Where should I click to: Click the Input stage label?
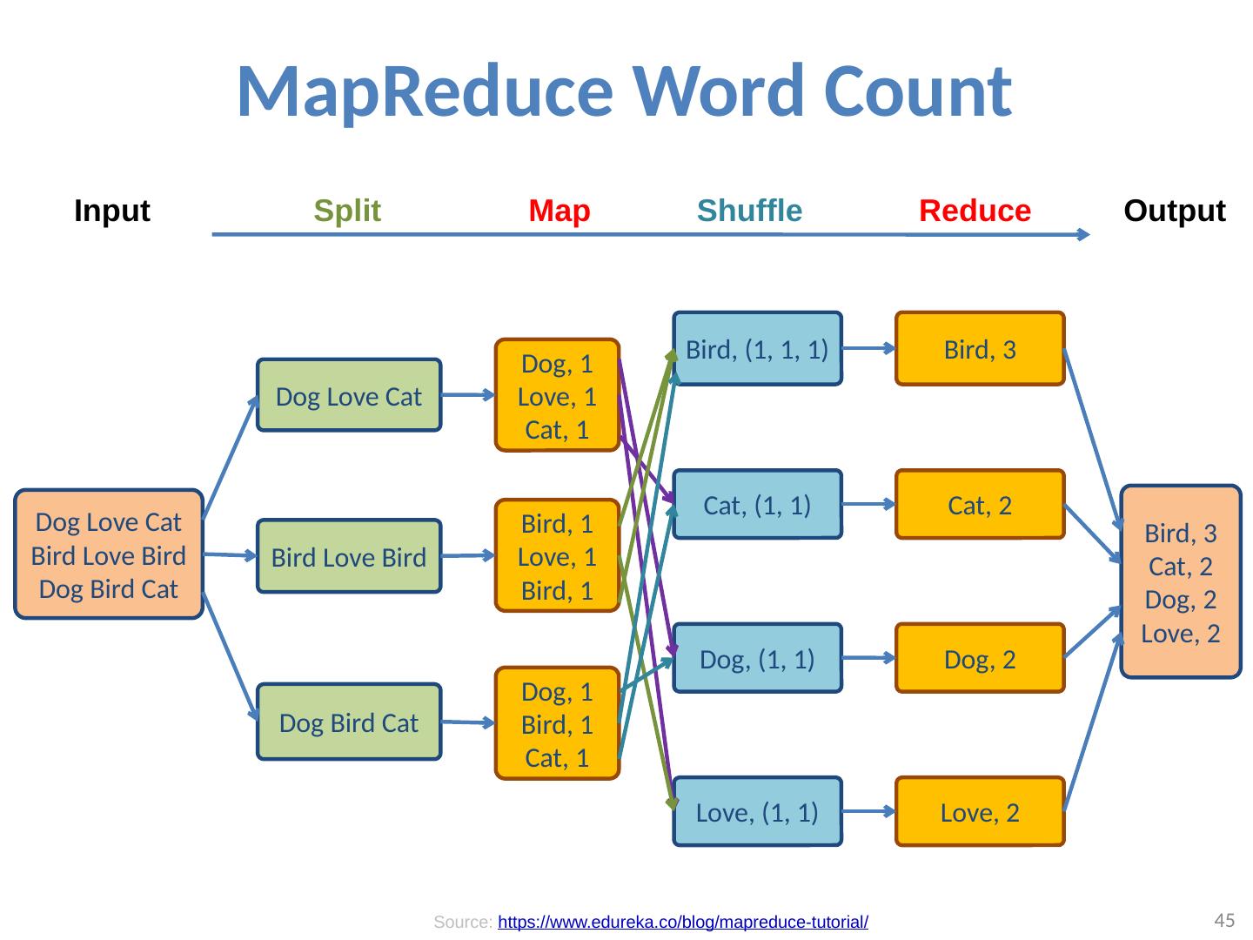pyautogui.click(x=112, y=211)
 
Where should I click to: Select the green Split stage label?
pyautogui.click(x=347, y=211)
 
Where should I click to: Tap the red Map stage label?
pyautogui.click(x=559, y=211)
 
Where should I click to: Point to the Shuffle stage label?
pyautogui.click(x=749, y=211)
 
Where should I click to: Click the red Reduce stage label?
pyautogui.click(x=975, y=211)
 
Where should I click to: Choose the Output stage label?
pyautogui.click(x=1175, y=211)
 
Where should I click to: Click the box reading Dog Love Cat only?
pyautogui.click(x=349, y=396)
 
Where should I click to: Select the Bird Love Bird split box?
pyautogui.click(x=349, y=556)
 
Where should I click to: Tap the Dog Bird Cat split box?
pyautogui.click(x=349, y=722)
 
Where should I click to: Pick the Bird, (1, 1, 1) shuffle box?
pyautogui.click(x=757, y=349)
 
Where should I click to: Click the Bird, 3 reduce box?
pyautogui.click(x=980, y=349)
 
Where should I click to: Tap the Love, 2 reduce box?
pyautogui.click(x=980, y=811)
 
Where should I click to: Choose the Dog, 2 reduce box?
pyautogui.click(x=980, y=659)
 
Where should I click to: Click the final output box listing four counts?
pyautogui.click(x=1181, y=581)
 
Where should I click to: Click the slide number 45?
pyautogui.click(x=1224, y=920)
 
